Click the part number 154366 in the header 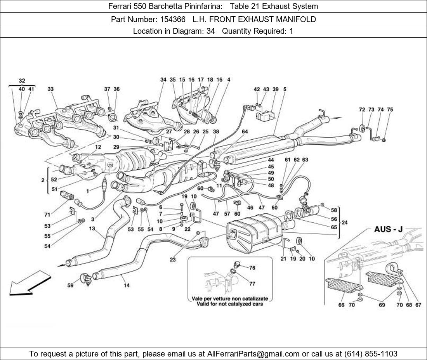pos(173,19)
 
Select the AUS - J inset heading pos(388,229)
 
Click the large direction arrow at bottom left pos(30,282)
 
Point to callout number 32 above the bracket pos(22,81)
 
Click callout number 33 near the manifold pos(50,89)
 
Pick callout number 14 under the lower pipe pos(127,285)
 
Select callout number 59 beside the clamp pos(70,285)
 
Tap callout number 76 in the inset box pos(252,268)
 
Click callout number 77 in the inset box pos(252,284)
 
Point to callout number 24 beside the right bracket pos(344,223)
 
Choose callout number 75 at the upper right pos(390,109)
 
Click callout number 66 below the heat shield pos(341,305)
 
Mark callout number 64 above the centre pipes pos(245,132)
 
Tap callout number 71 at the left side pos(47,215)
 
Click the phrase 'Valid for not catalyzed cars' pos(230,304)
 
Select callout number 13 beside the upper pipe pos(92,228)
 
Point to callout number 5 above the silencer pos(285,89)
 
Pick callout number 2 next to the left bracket pos(43,180)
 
